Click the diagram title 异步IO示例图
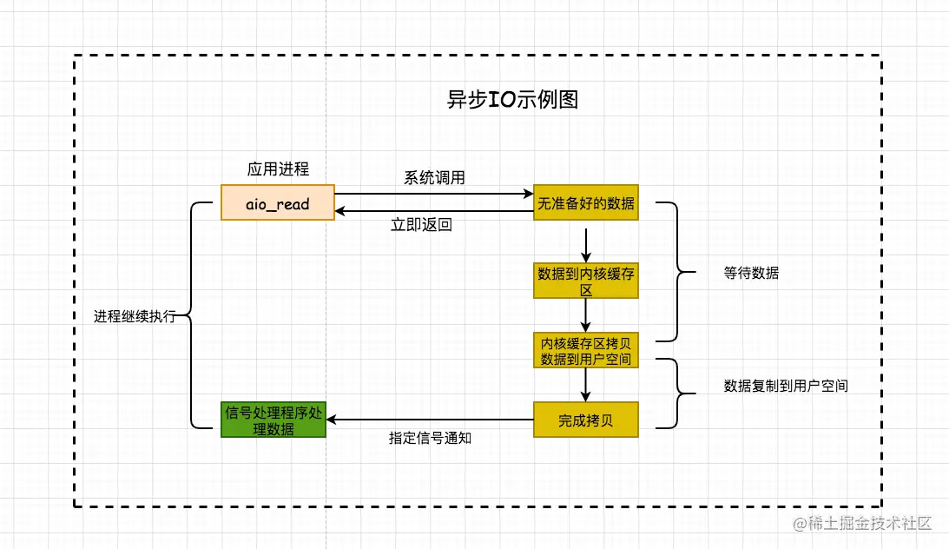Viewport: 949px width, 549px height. (x=512, y=100)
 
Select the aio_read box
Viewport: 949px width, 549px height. (x=278, y=202)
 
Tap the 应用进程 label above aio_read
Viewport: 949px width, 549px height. (x=278, y=168)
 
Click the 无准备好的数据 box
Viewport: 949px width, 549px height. (x=586, y=202)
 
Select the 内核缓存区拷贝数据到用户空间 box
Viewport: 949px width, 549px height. (x=586, y=350)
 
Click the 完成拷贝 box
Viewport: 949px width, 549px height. (x=586, y=420)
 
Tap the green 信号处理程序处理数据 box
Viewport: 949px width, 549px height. (x=273, y=420)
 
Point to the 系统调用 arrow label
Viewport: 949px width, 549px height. (x=434, y=178)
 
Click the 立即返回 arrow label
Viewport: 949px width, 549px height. (x=421, y=225)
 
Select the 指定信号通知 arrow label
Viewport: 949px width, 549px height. (x=430, y=439)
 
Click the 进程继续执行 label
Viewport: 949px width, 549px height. (x=135, y=316)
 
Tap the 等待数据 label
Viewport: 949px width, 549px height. (x=751, y=273)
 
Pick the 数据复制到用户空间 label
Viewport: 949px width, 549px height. (x=786, y=386)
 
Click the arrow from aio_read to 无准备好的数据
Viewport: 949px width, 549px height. (x=434, y=194)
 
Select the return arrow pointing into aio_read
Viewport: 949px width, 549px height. (x=434, y=211)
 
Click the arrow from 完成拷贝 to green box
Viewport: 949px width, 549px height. (x=430, y=420)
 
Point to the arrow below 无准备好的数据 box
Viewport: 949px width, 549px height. (x=587, y=244)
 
